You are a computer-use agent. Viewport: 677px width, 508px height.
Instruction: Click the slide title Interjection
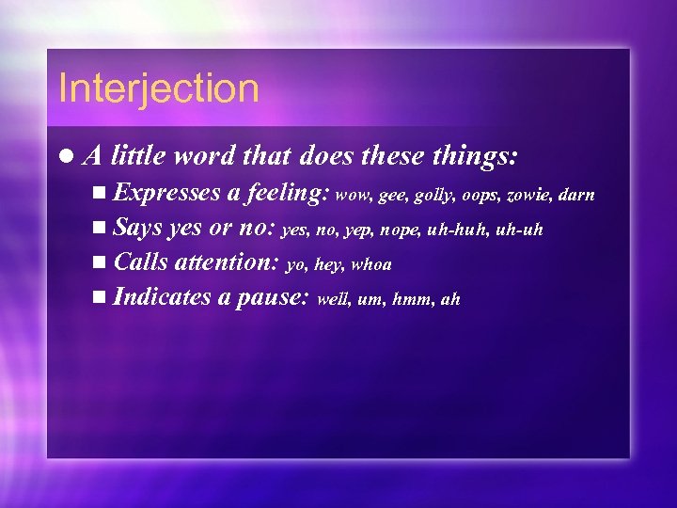pos(158,88)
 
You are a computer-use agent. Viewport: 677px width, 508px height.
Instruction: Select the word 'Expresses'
pos(166,194)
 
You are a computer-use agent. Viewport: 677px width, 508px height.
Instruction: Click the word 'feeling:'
pos(286,194)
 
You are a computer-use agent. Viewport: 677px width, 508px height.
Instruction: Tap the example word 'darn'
pos(575,196)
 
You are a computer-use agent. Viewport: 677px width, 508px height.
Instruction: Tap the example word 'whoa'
pos(370,265)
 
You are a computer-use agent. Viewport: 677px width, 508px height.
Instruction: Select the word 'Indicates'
pos(161,298)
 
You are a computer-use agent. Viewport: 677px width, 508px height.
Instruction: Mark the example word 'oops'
pos(477,196)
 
